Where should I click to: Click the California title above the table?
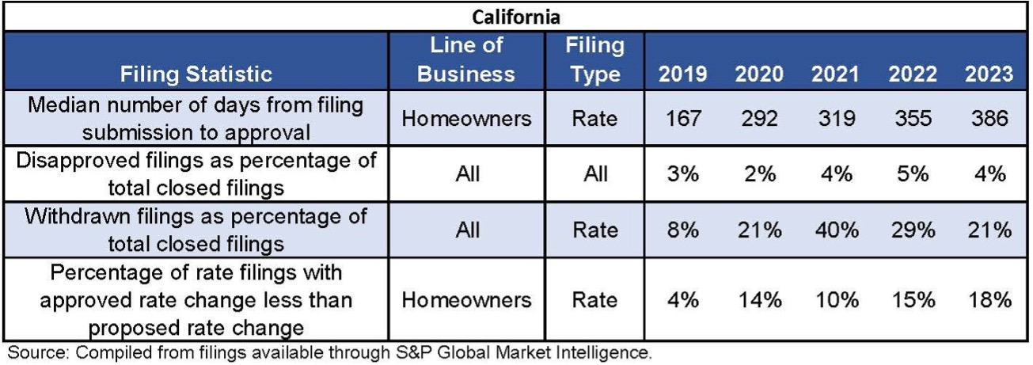pos(515,16)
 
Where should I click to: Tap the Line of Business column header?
pos(466,59)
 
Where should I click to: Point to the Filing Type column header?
pos(594,59)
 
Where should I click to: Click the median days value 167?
pos(683,120)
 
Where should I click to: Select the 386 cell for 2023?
pos(989,120)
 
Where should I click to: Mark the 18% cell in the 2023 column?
pos(989,300)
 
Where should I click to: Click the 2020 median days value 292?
pos(759,120)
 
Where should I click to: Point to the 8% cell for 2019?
pos(683,230)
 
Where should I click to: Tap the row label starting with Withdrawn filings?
pos(196,230)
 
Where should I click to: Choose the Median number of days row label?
pos(196,120)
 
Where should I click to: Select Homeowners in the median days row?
pos(466,120)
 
